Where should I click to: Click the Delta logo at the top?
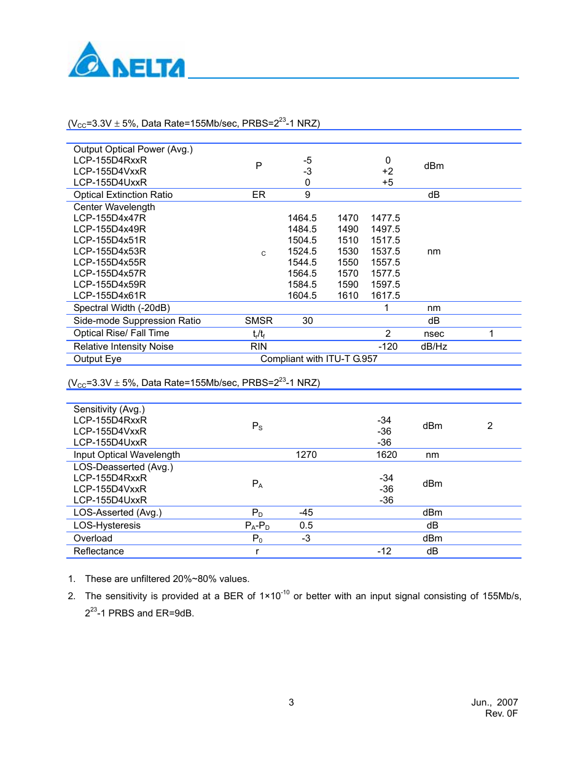point(126,61)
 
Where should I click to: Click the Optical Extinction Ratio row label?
point(123,195)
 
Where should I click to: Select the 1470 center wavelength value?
point(348,218)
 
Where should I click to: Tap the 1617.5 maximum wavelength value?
point(385,296)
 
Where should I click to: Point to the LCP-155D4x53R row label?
point(110,251)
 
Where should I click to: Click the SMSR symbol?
point(259,321)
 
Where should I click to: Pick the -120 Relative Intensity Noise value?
point(388,347)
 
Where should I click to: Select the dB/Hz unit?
point(434,347)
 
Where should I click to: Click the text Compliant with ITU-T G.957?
point(319,359)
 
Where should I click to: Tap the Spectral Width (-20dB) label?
point(122,308)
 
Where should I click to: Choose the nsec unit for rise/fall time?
point(434,334)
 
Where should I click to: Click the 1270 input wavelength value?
point(306,455)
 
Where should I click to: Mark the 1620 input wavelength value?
point(386,455)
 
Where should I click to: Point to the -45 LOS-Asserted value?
point(306,513)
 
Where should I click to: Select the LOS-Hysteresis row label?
point(107,525)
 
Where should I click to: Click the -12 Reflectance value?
point(384,551)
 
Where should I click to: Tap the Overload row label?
point(93,538)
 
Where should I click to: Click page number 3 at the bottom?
point(291,702)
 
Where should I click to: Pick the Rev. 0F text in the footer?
point(501,714)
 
